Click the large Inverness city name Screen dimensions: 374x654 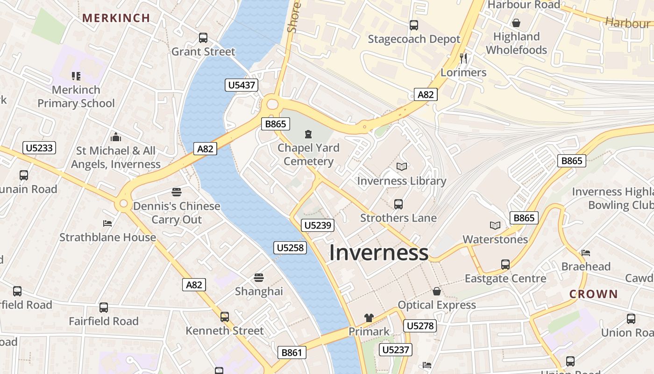379,252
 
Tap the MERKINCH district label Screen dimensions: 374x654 116,18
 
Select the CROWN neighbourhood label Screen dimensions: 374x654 593,294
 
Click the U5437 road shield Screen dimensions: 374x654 242,85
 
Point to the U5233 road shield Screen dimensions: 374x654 40,148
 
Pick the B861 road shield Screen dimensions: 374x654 292,352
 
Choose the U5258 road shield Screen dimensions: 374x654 290,248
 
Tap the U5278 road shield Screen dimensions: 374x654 420,326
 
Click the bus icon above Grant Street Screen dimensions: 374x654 203,38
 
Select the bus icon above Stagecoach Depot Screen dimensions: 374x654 413,25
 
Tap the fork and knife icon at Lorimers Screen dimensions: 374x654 463,58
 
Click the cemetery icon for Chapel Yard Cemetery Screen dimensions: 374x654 308,135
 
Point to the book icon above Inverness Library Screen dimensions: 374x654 401,166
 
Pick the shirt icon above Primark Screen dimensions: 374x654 369,318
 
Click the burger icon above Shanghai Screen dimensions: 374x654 259,278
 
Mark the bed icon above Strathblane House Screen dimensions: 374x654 107,223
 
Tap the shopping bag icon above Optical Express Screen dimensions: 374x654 436,291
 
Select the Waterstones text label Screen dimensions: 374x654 495,239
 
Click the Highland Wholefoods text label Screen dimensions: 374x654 516,43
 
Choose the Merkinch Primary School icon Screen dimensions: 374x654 76,76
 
